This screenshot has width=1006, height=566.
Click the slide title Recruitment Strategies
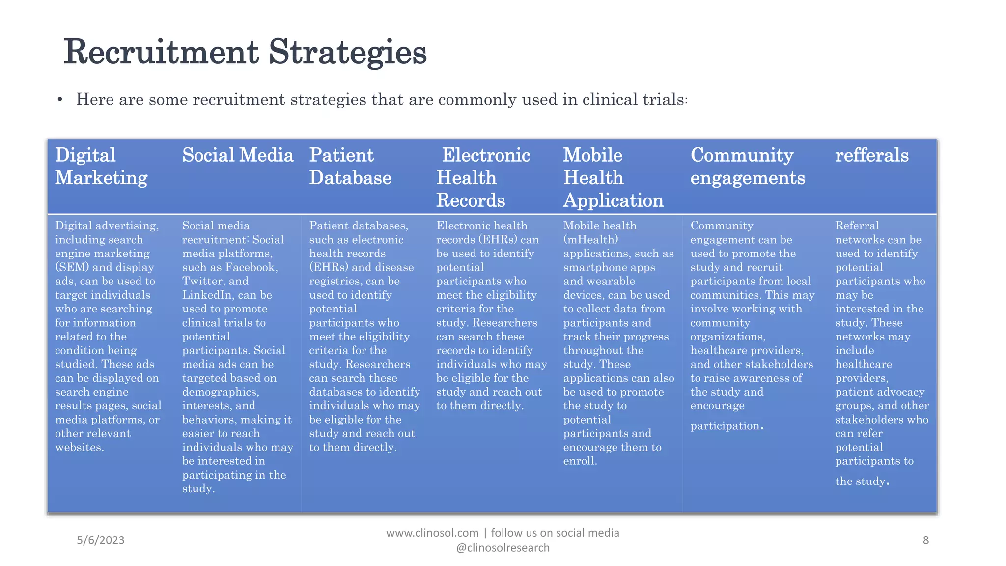point(245,52)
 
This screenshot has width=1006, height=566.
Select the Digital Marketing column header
point(101,167)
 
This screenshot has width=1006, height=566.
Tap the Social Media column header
point(238,155)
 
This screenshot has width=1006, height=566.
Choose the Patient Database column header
point(350,167)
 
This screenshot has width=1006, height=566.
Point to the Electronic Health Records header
point(483,178)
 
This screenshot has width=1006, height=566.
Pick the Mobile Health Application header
point(613,178)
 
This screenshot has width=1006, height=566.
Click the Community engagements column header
point(748,167)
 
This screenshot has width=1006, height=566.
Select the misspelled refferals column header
point(872,155)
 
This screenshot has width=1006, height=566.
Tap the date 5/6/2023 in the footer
point(101,540)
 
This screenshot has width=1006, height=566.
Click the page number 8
point(926,540)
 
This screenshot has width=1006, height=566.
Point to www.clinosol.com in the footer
point(432,533)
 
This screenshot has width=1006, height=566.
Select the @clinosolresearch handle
point(503,548)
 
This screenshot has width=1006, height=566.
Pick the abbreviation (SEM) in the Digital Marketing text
point(72,267)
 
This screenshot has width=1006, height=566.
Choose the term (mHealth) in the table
point(590,240)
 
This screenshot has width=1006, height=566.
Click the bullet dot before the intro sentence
point(60,100)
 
